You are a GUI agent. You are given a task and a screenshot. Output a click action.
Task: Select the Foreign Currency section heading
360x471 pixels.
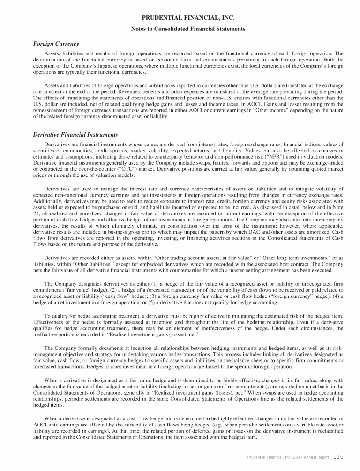pos(56,44)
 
